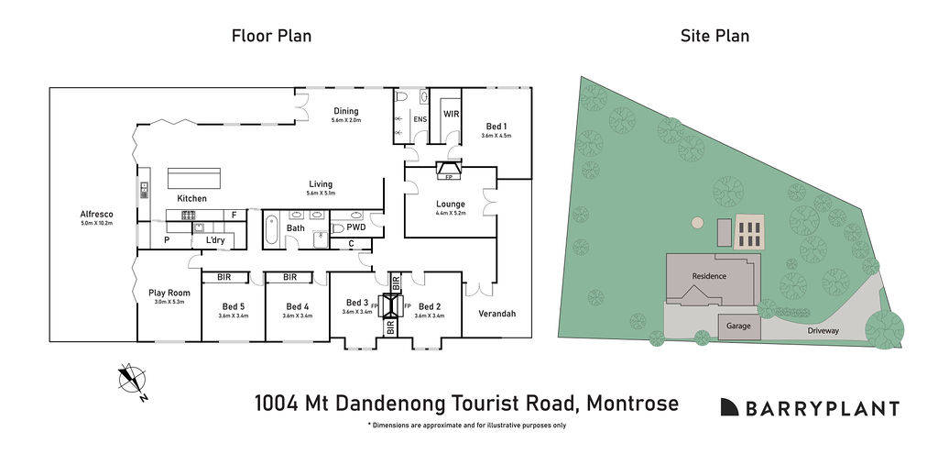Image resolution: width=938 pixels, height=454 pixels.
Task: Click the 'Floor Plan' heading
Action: coord(271,37)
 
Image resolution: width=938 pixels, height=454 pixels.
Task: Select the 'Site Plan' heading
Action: coord(714,37)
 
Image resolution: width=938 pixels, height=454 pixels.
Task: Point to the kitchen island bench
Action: coord(193,178)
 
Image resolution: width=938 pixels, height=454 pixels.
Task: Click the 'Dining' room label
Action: coord(346,112)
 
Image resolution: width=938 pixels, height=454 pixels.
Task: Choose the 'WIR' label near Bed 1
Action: coord(451,115)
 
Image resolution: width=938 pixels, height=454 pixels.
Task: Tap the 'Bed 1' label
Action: coord(496,126)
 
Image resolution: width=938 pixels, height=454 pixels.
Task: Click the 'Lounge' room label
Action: coord(450,204)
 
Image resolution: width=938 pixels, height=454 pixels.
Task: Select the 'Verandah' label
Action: coord(497,314)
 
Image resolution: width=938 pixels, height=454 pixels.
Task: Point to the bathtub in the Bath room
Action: coord(272,229)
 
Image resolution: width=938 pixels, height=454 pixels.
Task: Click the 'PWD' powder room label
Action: coord(355,227)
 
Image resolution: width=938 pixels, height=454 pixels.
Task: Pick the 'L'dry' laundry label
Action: coord(215,240)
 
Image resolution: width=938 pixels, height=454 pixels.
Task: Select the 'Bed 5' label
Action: coord(234,306)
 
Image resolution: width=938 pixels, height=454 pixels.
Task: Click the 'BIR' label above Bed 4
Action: coord(290,277)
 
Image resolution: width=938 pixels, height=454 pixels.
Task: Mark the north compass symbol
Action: coord(134,382)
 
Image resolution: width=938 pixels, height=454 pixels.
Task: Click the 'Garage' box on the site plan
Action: coord(738,327)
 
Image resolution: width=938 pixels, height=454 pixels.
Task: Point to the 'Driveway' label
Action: coord(823,330)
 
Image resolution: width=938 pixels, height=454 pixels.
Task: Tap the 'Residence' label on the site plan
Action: coord(709,275)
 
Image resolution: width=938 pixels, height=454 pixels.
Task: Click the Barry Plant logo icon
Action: coord(729,407)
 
